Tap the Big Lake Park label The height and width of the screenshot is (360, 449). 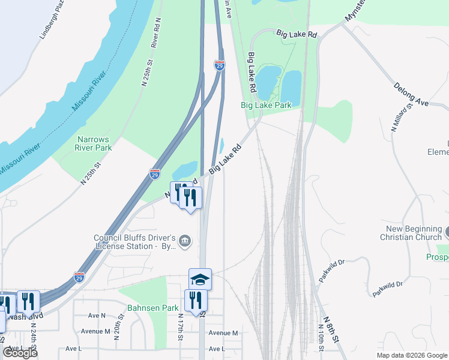point(266,105)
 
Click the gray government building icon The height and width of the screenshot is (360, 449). point(185,242)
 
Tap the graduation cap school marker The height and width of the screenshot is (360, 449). point(200,279)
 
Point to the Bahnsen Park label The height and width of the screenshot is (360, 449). point(153,308)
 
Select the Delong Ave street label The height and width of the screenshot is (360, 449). point(411,95)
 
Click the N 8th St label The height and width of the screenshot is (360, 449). point(331,329)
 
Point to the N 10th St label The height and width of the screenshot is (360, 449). point(321,339)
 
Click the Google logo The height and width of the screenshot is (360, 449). point(20,353)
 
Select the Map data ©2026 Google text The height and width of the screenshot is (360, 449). point(411,355)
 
